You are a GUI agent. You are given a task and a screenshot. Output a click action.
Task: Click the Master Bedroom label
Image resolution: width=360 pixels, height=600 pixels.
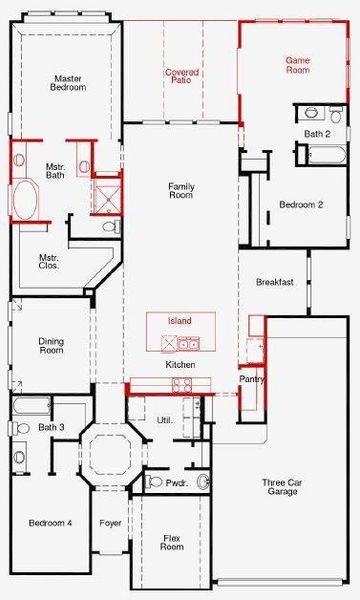point(68,83)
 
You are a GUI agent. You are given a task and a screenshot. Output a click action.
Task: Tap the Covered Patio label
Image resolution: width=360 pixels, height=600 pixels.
point(182,76)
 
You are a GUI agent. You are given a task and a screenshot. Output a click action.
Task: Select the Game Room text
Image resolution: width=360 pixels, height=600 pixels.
point(298,65)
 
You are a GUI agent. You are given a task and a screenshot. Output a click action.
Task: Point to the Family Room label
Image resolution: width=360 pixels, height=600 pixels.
point(181,191)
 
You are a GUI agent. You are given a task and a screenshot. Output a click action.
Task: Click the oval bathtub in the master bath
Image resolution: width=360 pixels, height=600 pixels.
point(25,200)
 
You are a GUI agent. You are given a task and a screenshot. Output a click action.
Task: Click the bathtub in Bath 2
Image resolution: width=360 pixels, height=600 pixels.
point(327,155)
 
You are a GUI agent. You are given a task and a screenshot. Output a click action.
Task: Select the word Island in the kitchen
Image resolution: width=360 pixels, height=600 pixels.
point(179,321)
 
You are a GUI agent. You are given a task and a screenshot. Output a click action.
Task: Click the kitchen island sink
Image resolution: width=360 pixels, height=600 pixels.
point(188,344)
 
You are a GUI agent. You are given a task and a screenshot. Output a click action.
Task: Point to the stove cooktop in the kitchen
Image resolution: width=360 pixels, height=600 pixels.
point(182,385)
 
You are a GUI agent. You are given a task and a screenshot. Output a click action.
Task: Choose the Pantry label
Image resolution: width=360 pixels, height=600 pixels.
point(252,379)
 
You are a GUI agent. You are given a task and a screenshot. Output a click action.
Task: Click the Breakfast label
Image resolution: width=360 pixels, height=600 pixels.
point(275,282)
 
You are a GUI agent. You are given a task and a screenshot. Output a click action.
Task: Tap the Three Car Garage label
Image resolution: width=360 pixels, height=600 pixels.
point(282,487)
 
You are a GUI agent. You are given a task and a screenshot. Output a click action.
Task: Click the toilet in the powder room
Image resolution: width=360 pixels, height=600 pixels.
point(155,481)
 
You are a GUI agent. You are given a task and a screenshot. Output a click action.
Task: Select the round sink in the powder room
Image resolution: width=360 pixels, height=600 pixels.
point(204,481)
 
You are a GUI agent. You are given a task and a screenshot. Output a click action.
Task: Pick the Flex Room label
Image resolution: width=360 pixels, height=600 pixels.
point(172,543)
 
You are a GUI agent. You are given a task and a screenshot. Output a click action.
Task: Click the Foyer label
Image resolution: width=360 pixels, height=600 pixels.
point(111,523)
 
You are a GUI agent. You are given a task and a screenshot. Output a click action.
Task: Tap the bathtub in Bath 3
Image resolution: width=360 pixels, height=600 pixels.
point(31,406)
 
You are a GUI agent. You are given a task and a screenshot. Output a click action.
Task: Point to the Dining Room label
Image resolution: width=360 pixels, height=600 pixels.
point(51,346)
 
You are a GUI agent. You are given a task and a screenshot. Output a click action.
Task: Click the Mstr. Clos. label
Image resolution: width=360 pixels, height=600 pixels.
point(49,261)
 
